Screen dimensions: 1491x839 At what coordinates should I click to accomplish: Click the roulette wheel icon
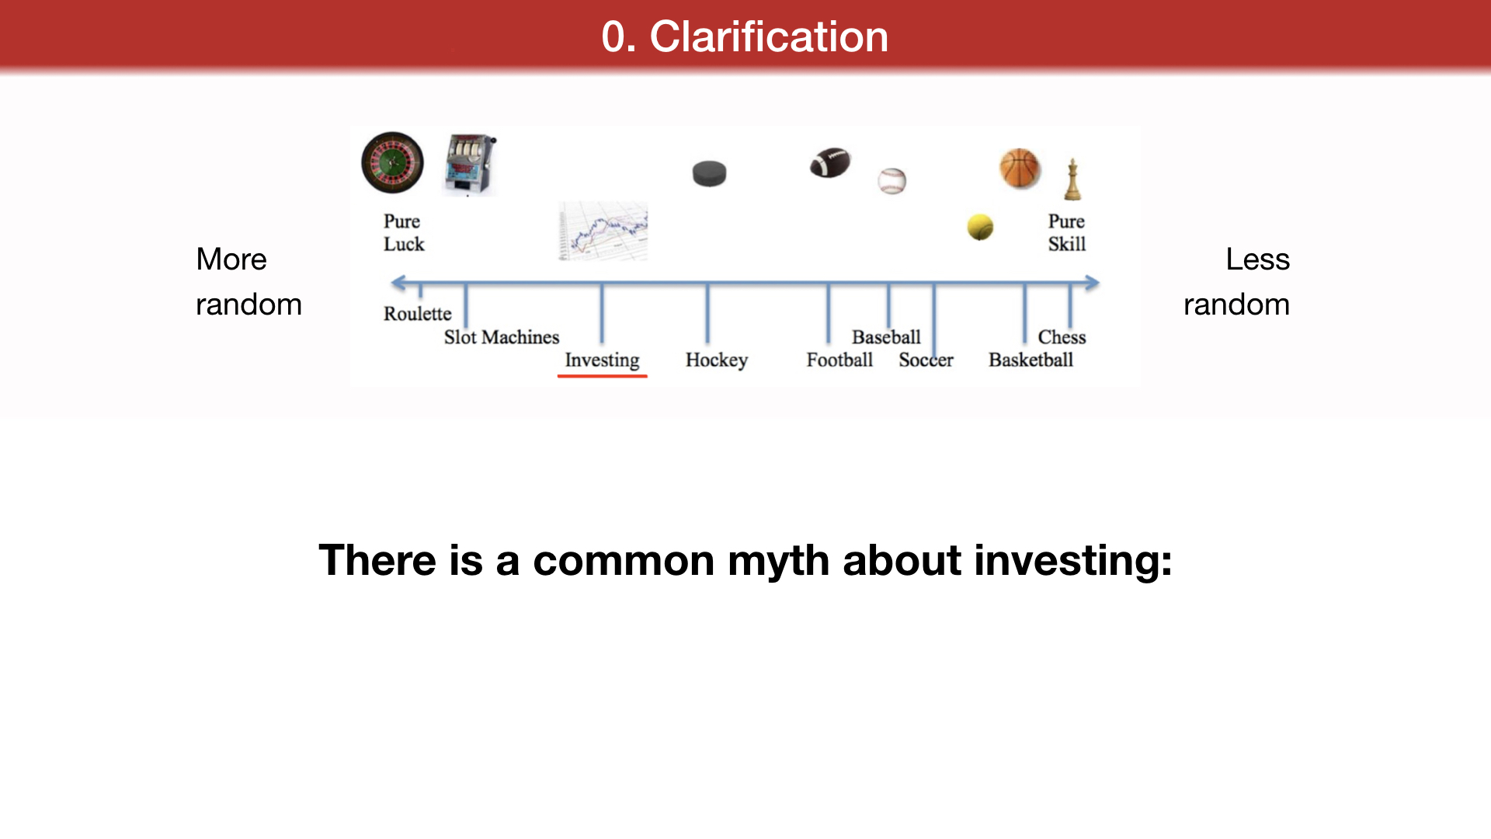coord(393,162)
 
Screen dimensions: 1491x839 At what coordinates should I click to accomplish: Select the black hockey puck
coord(709,173)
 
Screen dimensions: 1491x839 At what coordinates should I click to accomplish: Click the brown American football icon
coord(830,162)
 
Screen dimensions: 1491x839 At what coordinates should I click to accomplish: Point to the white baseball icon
coord(892,181)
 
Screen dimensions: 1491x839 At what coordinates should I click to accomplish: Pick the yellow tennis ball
coord(980,227)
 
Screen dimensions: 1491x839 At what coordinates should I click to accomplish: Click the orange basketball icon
coord(1020,169)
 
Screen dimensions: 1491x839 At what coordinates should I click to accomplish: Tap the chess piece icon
coord(1072,179)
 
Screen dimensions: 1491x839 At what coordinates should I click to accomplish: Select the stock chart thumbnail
coord(603,231)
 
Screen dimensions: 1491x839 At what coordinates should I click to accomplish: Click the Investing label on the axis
coord(602,360)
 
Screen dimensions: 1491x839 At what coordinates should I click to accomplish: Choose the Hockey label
coord(717,360)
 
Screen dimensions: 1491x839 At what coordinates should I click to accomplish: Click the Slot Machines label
coord(502,337)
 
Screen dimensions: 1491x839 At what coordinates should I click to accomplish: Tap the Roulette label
coord(417,314)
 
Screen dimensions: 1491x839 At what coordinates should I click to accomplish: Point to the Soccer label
coord(926,360)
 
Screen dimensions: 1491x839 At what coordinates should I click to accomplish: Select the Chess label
coord(1062,337)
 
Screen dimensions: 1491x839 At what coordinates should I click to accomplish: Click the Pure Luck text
coord(403,232)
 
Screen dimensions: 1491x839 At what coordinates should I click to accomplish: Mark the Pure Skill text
coord(1067,232)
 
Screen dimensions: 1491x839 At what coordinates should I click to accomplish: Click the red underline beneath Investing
coord(602,376)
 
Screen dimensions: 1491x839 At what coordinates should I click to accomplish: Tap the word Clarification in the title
coord(769,37)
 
